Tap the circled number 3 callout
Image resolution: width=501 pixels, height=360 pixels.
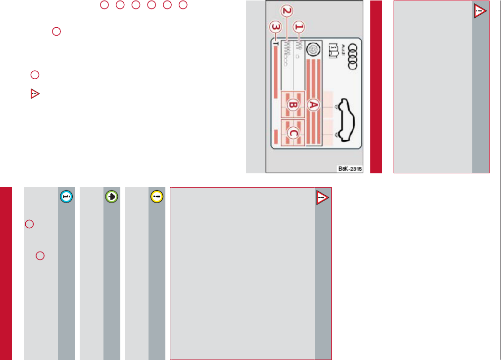(273, 27)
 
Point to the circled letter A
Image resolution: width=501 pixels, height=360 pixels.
(313, 104)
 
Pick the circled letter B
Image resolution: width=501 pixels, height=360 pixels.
(293, 105)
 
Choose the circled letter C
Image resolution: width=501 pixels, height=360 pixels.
(293, 133)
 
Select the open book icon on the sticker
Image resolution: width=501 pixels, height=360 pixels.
(332, 51)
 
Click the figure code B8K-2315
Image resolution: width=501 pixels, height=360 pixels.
(350, 169)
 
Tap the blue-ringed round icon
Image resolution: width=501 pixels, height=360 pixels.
(66, 196)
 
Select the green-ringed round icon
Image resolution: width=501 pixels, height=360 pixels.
(112, 196)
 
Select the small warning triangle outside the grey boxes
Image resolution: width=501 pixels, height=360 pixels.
(35, 94)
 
